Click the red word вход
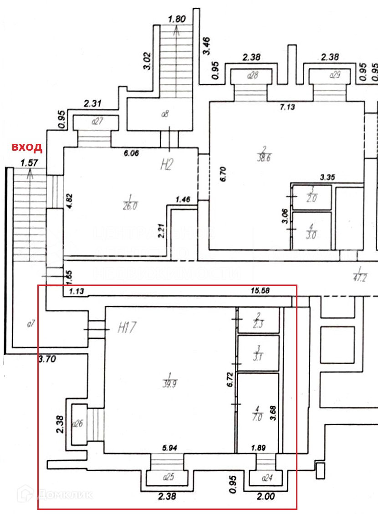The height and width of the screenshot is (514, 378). pyautogui.click(x=27, y=147)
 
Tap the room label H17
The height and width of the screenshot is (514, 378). pyautogui.click(x=127, y=327)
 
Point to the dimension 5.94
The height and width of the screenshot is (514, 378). pyautogui.click(x=170, y=448)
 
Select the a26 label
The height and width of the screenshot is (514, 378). pyautogui.click(x=77, y=424)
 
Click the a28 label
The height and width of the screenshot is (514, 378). pyautogui.click(x=252, y=76)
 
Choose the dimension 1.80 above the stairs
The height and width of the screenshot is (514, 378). pyautogui.click(x=176, y=20)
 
